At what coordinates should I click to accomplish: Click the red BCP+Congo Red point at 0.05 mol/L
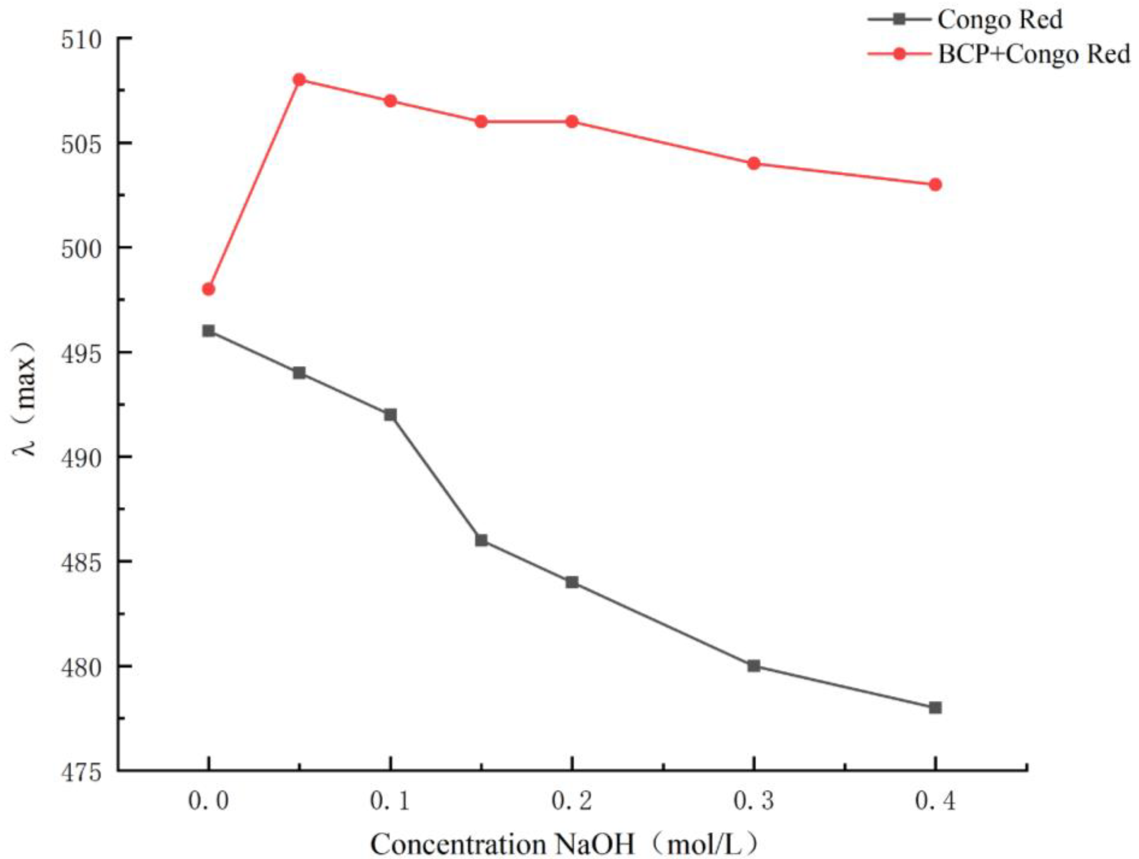[x=299, y=80]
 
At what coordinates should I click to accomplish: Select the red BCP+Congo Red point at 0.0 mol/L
[x=209, y=289]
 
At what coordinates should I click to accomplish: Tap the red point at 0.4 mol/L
[x=936, y=184]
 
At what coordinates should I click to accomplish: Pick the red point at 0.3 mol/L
[x=754, y=163]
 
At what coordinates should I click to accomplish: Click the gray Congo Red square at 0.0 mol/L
[x=209, y=330]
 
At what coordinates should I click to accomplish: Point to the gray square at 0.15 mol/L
[x=481, y=540]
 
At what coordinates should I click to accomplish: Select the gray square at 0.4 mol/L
[x=936, y=707]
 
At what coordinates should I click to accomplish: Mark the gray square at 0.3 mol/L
[x=754, y=666]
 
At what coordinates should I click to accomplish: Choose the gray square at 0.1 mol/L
[x=390, y=415]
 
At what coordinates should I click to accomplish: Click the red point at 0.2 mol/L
[x=572, y=122]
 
